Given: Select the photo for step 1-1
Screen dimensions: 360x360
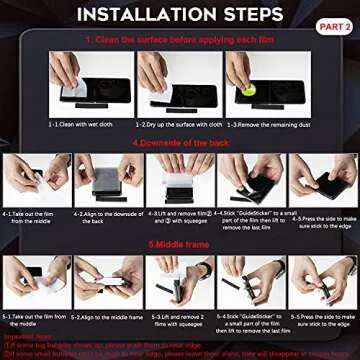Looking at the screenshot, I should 78,79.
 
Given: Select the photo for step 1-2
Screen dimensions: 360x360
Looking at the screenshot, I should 165,79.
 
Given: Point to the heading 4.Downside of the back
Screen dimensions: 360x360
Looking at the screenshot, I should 180,142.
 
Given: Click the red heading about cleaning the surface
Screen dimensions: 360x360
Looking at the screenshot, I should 180,39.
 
